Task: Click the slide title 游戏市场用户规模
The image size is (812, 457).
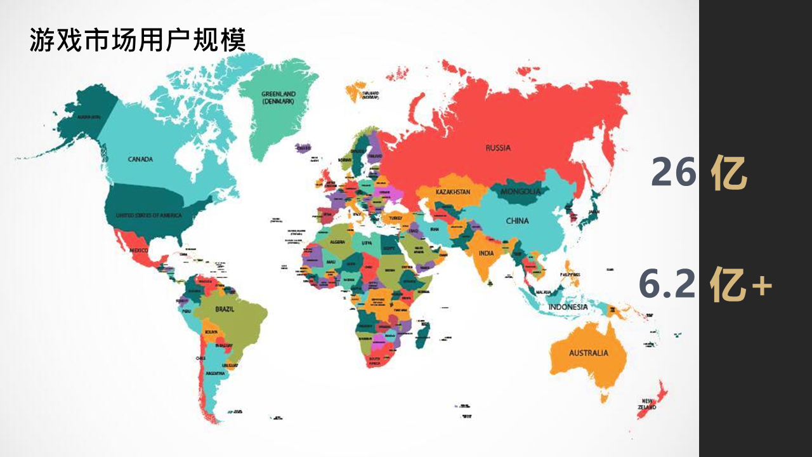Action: [137, 40]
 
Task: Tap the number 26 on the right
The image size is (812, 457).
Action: [674, 173]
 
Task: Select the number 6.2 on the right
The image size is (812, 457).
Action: [667, 284]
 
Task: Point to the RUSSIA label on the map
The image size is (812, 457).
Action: [498, 148]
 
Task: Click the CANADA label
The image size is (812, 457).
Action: [140, 159]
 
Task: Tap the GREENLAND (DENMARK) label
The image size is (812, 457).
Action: [278, 98]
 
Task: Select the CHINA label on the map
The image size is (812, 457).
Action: [517, 221]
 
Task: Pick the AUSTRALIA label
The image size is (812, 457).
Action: [588, 353]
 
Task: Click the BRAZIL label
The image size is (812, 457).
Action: [225, 310]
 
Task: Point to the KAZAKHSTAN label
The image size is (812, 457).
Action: [453, 192]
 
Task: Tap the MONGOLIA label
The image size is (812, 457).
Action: [521, 191]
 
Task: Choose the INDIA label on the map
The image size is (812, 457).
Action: [486, 253]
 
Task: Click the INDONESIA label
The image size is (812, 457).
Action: [568, 307]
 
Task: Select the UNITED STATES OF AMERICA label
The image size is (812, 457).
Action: [148, 216]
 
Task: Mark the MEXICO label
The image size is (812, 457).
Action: [139, 250]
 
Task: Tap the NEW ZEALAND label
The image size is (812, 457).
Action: [647, 404]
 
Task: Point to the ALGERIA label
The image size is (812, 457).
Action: [337, 242]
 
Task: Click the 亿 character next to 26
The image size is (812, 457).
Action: [729, 173]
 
